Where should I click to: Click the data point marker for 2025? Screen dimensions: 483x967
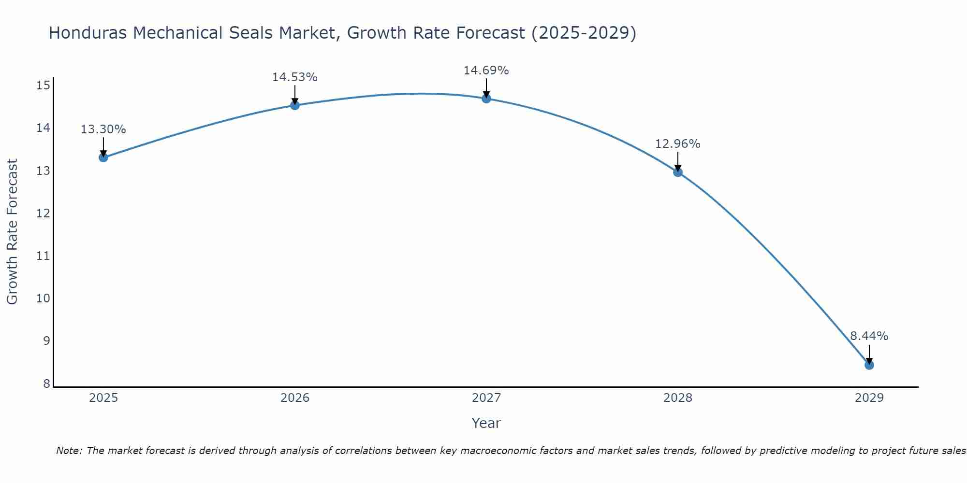pos(103,157)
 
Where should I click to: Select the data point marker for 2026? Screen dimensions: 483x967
pos(295,105)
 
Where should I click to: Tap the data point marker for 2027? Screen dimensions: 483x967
pos(486,99)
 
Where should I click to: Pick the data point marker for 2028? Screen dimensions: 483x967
pos(678,172)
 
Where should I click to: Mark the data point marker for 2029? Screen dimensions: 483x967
pos(869,365)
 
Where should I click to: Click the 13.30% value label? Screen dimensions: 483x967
pos(103,129)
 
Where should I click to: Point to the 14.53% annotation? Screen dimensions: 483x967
pos(294,77)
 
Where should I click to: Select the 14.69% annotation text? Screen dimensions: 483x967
pos(486,71)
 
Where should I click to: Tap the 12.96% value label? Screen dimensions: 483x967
pos(677,144)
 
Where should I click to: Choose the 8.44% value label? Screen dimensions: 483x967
pos(869,336)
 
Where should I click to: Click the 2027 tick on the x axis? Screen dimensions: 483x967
pos(486,398)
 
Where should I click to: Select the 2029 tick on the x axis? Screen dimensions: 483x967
pos(869,398)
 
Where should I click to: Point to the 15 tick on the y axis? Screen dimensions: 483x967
pos(44,86)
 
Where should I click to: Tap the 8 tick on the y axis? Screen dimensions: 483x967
pos(46,384)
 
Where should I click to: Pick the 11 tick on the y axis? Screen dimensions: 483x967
pos(44,256)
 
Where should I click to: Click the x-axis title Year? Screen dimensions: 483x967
pos(486,423)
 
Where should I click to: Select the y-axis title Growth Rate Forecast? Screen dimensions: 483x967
pos(13,232)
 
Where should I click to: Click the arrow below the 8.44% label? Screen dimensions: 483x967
pos(869,354)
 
